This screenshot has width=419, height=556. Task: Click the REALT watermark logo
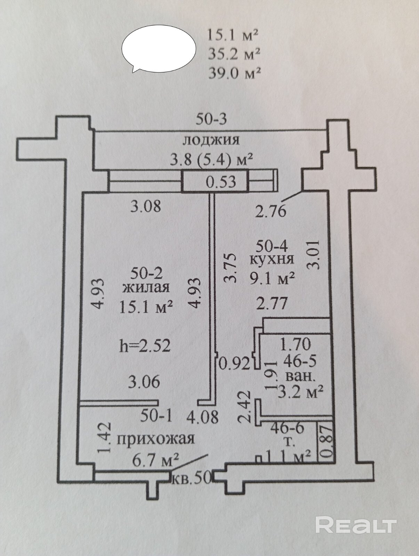click(356, 524)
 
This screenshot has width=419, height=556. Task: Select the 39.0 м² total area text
click(234, 73)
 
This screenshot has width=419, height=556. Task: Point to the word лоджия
click(211, 140)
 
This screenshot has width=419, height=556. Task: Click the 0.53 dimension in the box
click(221, 181)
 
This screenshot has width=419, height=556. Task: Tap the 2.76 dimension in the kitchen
click(271, 211)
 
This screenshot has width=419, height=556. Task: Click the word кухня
click(272, 259)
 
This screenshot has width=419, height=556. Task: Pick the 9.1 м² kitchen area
click(272, 278)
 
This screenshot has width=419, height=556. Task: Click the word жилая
click(147, 288)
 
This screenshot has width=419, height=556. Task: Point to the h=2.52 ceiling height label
click(145, 346)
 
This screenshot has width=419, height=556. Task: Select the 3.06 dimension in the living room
click(144, 382)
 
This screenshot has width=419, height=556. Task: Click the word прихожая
click(155, 439)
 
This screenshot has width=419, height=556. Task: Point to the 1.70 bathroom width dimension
click(295, 344)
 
